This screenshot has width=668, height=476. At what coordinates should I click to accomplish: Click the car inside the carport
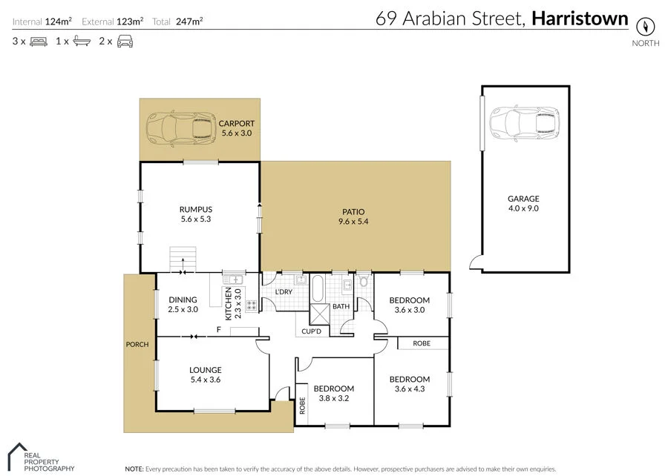point(179,127)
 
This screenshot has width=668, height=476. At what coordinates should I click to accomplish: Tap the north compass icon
point(645,25)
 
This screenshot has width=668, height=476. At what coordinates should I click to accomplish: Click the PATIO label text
point(353,211)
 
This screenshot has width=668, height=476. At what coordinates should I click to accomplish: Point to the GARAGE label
point(523,199)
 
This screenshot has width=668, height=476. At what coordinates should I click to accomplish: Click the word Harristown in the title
point(580,19)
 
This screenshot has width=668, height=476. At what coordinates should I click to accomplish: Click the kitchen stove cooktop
point(251,304)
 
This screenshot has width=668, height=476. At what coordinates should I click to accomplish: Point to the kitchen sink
point(232,280)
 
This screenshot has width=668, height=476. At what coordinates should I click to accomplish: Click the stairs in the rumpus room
point(184,260)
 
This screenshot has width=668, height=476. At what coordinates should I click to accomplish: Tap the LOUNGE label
point(206,370)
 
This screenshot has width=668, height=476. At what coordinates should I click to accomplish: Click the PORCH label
point(137,344)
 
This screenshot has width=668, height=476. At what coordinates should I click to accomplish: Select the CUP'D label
point(311,331)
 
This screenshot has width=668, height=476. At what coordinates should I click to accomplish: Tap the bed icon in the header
point(39,42)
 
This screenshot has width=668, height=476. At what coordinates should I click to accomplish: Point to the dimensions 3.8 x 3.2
point(333,398)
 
